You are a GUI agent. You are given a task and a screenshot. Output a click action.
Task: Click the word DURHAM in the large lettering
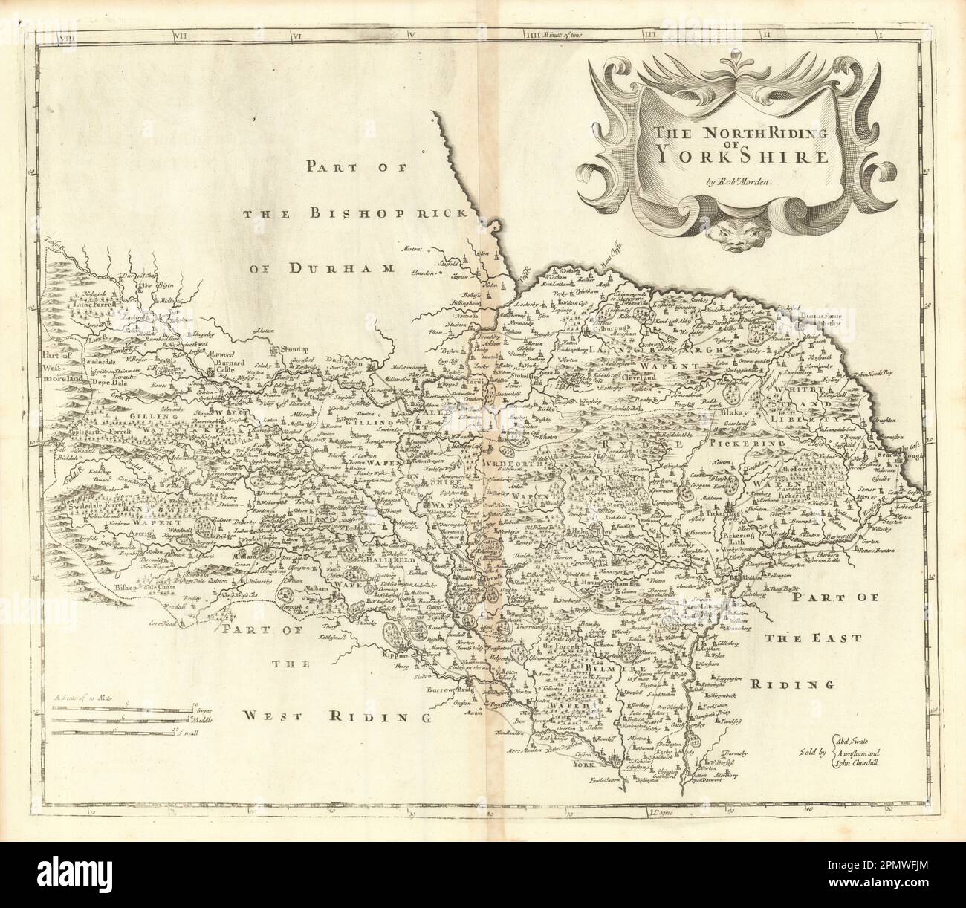click(330, 267)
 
